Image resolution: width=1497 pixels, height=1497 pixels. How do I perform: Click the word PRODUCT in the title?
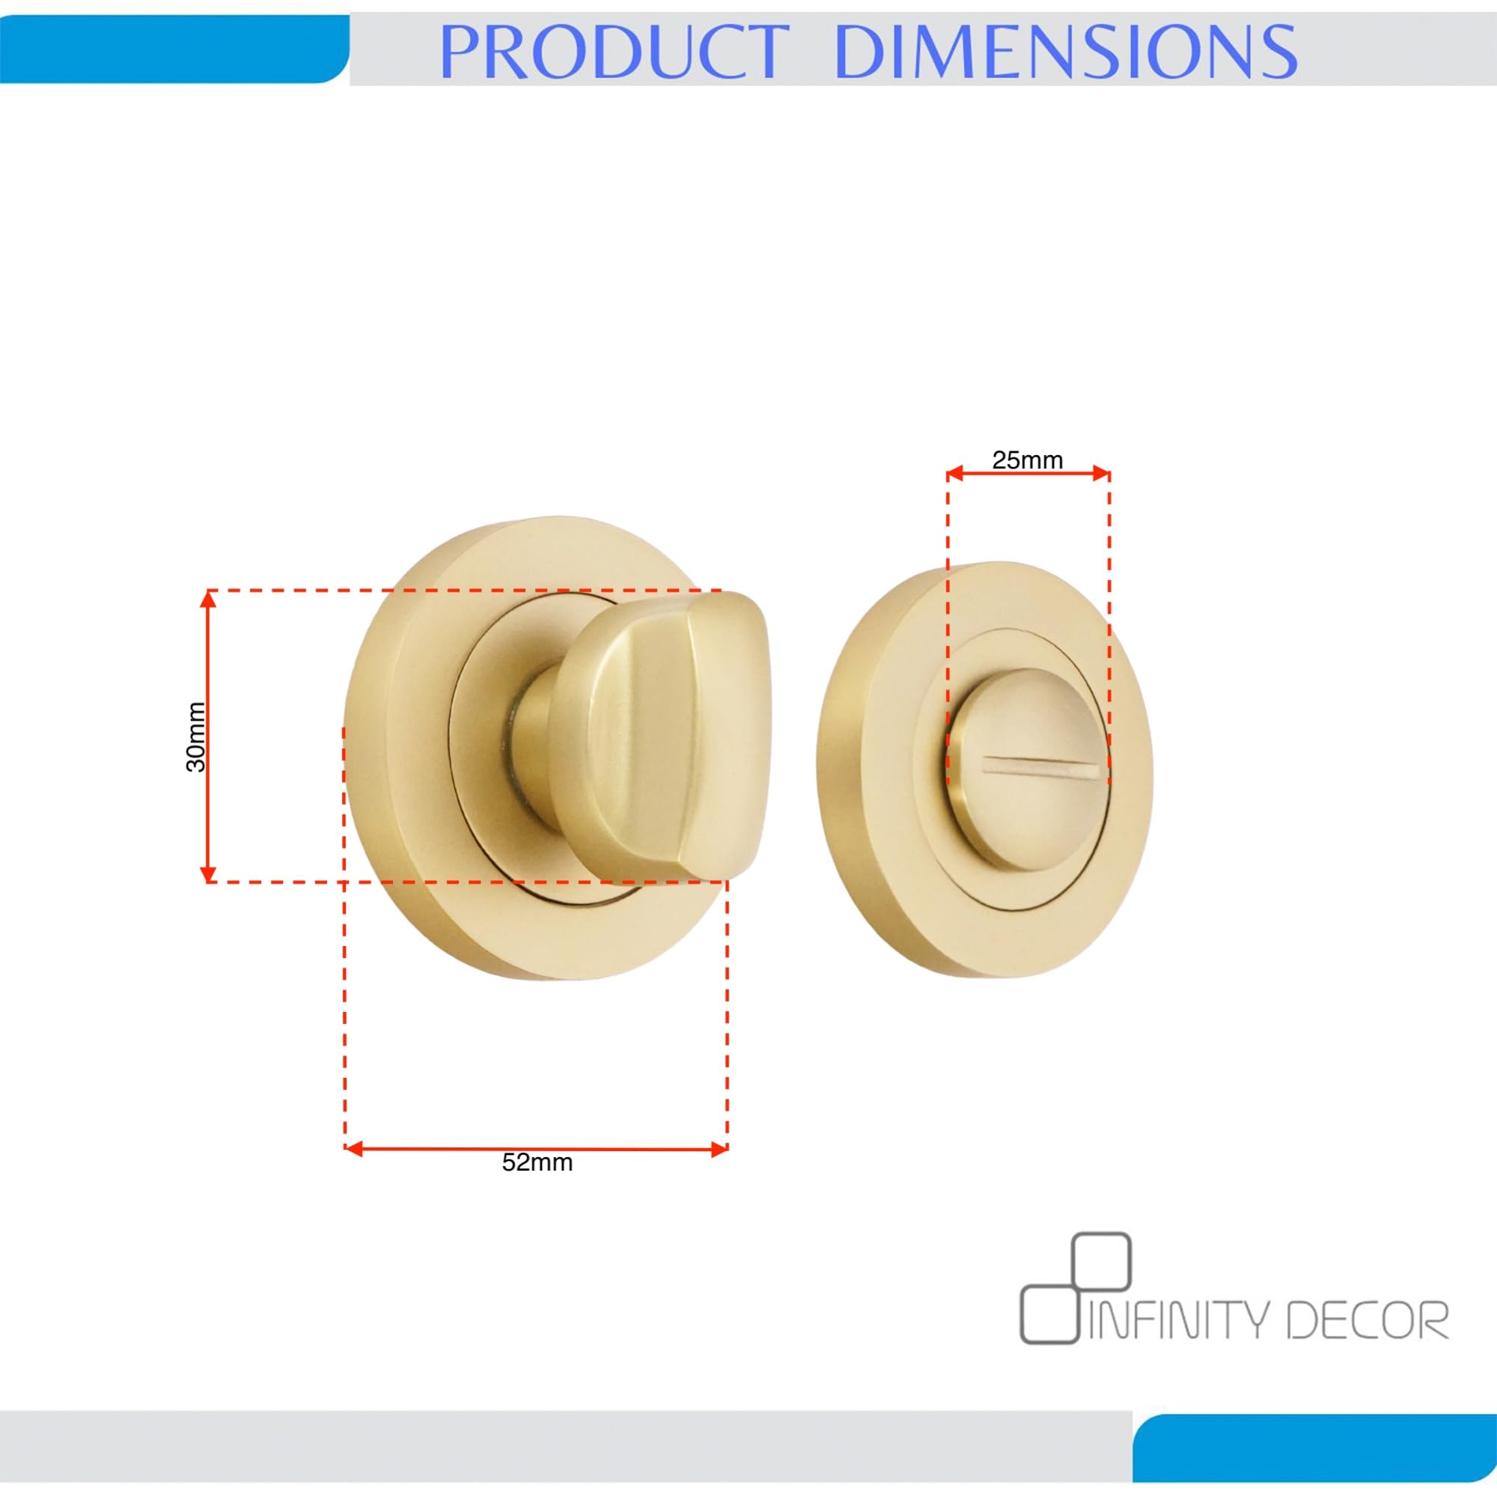pyautogui.click(x=614, y=52)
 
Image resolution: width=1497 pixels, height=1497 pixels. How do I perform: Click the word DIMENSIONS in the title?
pyautogui.click(x=1067, y=52)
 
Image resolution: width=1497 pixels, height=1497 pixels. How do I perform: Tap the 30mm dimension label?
pyautogui.click(x=196, y=737)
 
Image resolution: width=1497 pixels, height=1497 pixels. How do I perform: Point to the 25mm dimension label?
pyautogui.click(x=1028, y=460)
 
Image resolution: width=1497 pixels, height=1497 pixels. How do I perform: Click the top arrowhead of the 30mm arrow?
pyautogui.click(x=207, y=598)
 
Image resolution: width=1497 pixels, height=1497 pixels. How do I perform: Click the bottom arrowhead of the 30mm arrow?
pyautogui.click(x=207, y=875)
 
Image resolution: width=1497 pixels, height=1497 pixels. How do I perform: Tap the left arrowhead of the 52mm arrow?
pyautogui.click(x=354, y=1148)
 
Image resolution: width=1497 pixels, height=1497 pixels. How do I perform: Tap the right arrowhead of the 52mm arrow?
pyautogui.click(x=719, y=1148)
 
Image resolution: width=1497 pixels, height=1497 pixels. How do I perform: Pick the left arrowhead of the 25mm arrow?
pyautogui.click(x=955, y=474)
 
